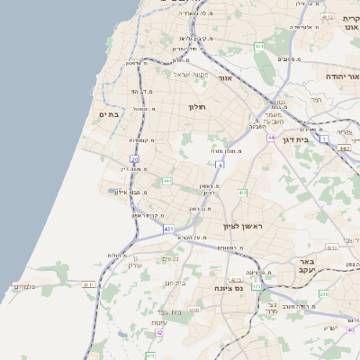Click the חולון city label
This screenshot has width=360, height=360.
click(x=198, y=107)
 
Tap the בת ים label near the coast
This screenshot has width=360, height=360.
click(x=109, y=114)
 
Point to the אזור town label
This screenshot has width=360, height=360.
click(x=225, y=78)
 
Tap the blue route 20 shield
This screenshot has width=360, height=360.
click(x=134, y=159)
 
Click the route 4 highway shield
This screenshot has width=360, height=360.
click(x=220, y=165)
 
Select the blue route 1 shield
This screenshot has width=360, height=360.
click(x=323, y=139)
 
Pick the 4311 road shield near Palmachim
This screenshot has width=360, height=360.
click(x=88, y=284)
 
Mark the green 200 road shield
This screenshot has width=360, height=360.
click(x=323, y=293)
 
